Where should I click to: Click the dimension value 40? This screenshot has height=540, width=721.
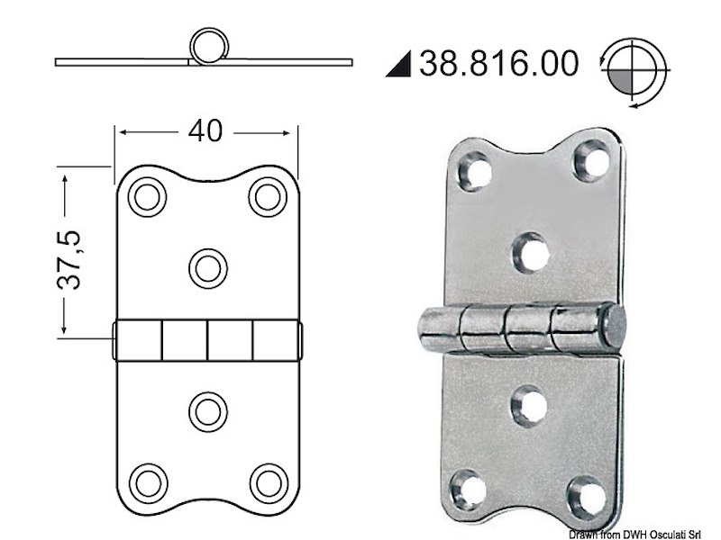(205, 131)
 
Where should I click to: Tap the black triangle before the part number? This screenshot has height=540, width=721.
(400, 65)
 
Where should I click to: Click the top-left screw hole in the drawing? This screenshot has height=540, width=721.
(147, 197)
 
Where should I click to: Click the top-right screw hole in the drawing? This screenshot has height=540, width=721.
(267, 197)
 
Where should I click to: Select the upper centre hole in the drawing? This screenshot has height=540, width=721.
(208, 267)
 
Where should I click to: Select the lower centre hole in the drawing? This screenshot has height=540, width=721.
(208, 411)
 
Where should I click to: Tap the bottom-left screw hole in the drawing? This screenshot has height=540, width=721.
(147, 481)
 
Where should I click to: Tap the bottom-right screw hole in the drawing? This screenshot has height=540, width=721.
(267, 481)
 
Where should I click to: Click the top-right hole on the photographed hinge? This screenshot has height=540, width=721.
(593, 158)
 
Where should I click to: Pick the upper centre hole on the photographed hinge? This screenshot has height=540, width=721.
(533, 252)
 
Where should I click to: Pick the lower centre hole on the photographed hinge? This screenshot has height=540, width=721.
(529, 406)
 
